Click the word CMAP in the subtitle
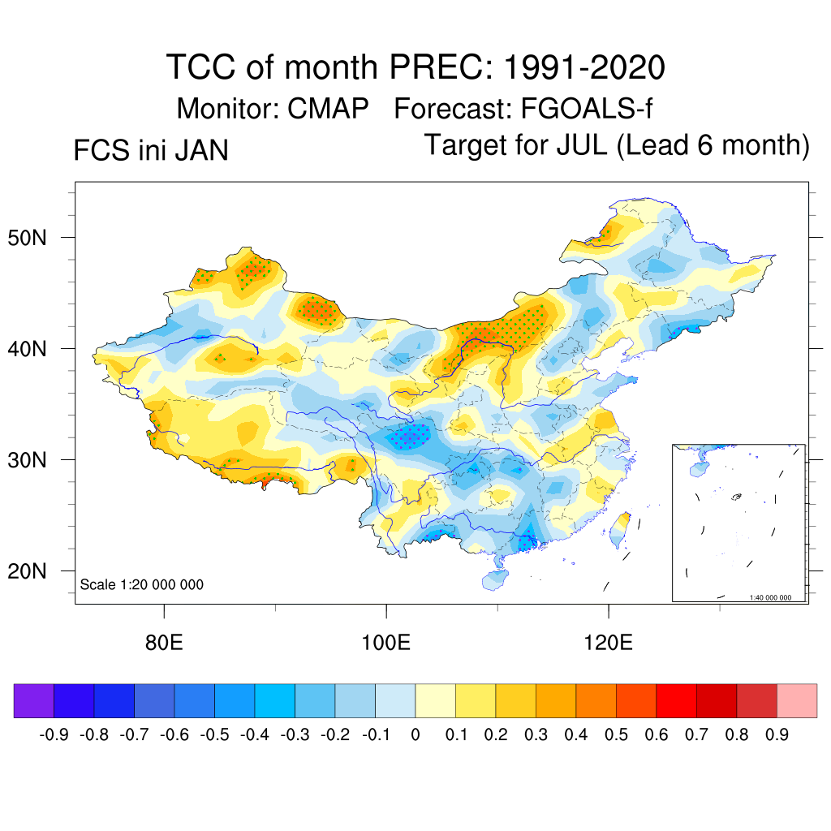(x=329, y=109)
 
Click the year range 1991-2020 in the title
(x=583, y=67)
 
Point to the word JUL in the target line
(x=584, y=146)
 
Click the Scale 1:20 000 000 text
(x=142, y=584)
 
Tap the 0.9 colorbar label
(x=777, y=735)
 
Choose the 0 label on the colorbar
(x=415, y=735)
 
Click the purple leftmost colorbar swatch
(x=34, y=700)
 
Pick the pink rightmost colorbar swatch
(x=797, y=700)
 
